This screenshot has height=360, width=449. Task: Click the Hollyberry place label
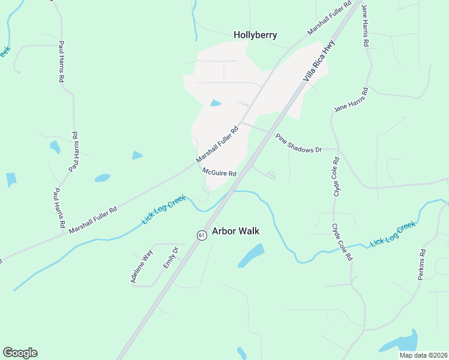[x=255, y=35]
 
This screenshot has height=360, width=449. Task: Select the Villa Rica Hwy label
[x=318, y=60]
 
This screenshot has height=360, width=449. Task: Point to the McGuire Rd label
[x=219, y=172]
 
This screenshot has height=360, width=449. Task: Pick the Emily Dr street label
[x=171, y=257]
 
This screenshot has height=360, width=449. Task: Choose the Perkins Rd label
[x=422, y=265]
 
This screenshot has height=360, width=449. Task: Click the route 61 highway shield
[x=201, y=235]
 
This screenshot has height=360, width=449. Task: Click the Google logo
[x=20, y=353]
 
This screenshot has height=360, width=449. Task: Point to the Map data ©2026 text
[x=423, y=355]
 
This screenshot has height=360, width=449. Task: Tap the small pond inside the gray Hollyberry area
[x=216, y=103]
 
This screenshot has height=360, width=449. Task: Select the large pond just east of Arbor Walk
[x=251, y=256]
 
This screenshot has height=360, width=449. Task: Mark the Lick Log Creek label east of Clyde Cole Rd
[x=393, y=233]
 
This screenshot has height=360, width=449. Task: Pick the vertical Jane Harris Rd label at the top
[x=365, y=26]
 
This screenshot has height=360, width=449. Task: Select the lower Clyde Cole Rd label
[x=342, y=242]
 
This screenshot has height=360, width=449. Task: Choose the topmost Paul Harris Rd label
[x=61, y=61]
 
